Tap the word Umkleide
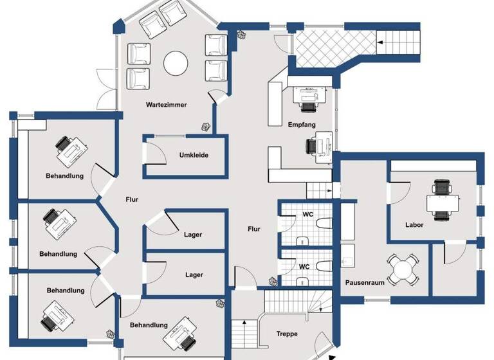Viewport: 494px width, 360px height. coord(194,155)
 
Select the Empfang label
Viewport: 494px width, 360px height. coord(302,125)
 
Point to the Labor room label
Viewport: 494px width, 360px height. coord(414,225)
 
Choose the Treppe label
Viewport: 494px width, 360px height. coord(286,334)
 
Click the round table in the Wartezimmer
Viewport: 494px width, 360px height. coord(175,63)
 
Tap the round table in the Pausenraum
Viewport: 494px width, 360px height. coord(403,267)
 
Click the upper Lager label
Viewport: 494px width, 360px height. coord(193,235)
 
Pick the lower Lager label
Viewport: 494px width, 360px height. coord(194,275)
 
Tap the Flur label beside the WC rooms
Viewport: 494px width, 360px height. coord(254,229)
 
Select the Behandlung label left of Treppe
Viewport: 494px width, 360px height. coord(149,325)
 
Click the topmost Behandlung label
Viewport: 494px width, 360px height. coord(64,176)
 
